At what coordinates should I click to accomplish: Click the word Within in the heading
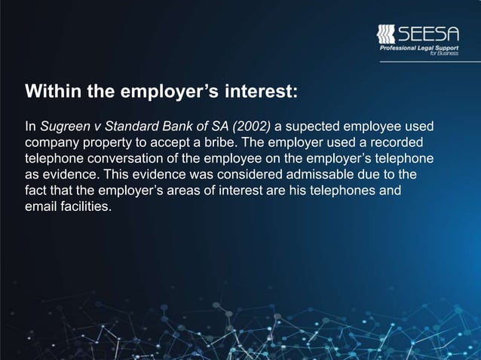50,93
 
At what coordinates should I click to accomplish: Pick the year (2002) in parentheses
250,124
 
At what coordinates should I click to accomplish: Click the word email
41,207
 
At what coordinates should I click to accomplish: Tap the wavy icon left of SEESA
385,35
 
